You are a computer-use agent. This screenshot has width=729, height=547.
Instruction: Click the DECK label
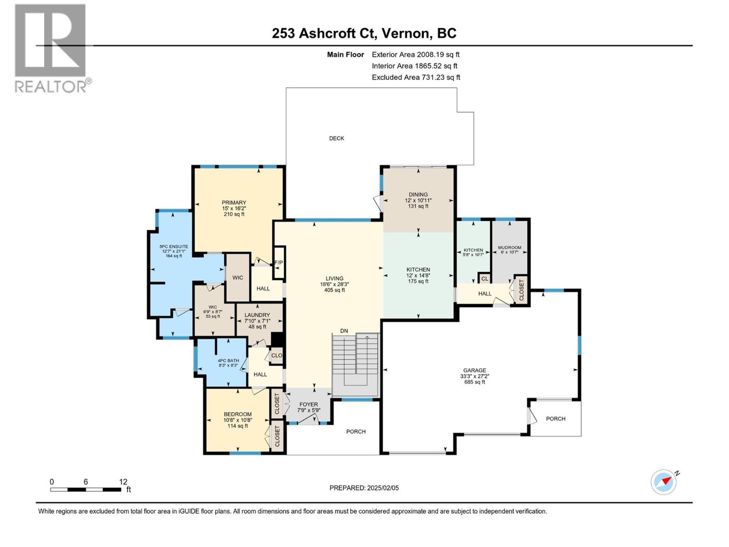(x=337, y=138)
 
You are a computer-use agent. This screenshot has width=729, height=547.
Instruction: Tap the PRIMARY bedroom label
(x=234, y=203)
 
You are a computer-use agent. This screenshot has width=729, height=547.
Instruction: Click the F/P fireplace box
(x=278, y=263)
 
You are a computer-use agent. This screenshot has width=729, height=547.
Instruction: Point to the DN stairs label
(x=344, y=331)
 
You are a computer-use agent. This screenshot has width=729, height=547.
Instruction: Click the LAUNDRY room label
(x=257, y=315)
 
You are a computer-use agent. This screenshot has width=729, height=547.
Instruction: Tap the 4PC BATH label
(x=228, y=361)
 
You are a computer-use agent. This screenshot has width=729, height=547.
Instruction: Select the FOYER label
(x=308, y=404)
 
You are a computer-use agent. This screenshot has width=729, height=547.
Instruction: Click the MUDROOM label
(x=509, y=248)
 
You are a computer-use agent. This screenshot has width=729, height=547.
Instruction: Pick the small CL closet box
(x=484, y=279)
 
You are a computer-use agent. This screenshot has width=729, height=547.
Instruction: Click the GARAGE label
(x=475, y=370)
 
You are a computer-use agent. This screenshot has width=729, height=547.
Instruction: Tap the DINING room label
(x=418, y=194)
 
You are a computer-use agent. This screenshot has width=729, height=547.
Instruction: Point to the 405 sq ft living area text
(x=334, y=290)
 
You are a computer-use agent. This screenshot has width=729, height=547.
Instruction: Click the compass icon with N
(x=664, y=482)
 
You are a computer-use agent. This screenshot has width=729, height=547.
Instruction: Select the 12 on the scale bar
(x=123, y=481)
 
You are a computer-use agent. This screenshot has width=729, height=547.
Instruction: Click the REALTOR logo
(x=51, y=48)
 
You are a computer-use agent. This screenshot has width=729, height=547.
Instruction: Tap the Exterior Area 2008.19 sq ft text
(x=416, y=54)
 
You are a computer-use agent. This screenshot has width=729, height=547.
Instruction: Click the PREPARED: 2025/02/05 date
(x=364, y=488)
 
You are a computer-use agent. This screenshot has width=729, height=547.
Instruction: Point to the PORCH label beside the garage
(x=555, y=418)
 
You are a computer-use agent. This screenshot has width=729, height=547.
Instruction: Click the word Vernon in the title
(x=405, y=33)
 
